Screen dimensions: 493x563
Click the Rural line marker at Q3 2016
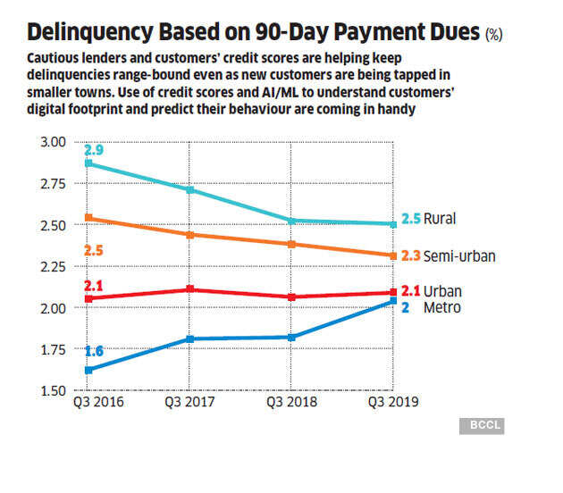point(88,163)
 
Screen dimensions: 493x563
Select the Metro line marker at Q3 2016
point(88,370)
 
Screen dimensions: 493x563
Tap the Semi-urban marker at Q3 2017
point(189,235)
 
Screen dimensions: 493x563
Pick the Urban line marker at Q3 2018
point(291,297)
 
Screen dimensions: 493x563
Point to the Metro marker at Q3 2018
point(291,338)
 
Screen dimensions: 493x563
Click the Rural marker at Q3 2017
point(189,189)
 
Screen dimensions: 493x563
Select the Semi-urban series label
point(459,255)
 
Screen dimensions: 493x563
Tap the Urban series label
point(444,291)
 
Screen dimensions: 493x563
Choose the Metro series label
point(442,307)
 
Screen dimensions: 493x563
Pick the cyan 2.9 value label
point(93,150)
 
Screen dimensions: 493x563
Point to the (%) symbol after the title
point(493,37)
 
